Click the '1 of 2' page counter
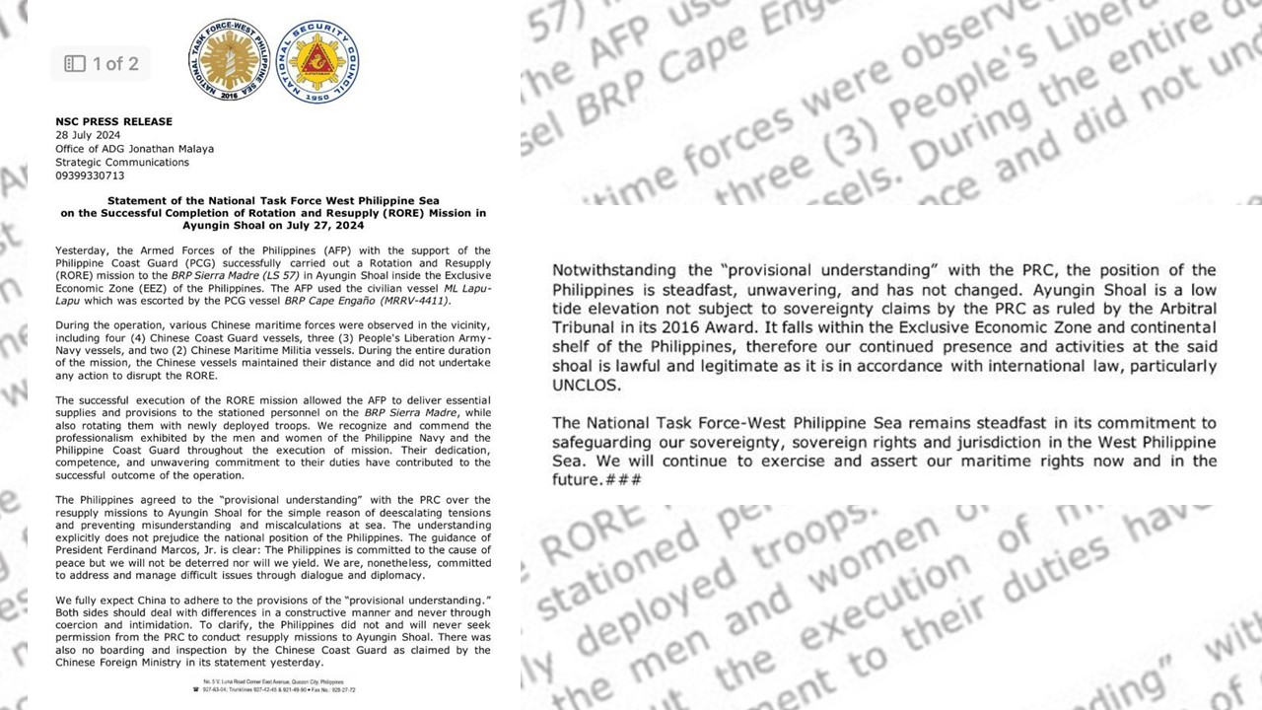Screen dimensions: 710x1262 [115, 64]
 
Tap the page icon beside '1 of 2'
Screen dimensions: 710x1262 [75, 64]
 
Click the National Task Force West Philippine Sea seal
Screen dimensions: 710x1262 [232, 57]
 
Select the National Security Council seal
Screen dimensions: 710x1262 [317, 57]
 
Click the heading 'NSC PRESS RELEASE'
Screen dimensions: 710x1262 [113, 121]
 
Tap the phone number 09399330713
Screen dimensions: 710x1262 [90, 176]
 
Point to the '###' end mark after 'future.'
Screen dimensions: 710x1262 [623, 480]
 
